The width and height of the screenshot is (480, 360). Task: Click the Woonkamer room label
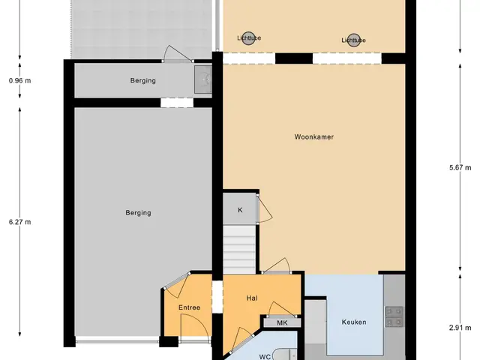[x=313, y=136]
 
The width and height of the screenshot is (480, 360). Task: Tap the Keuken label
[x=354, y=322]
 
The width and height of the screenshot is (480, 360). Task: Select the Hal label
[x=252, y=298]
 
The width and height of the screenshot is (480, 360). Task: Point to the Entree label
[x=189, y=307]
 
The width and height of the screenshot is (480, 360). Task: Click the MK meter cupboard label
[x=282, y=322]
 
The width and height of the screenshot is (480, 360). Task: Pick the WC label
[x=265, y=357]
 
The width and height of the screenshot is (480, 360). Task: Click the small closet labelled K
[x=240, y=210]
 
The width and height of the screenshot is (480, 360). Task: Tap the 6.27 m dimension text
[x=20, y=222]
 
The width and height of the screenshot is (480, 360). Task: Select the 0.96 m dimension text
[x=20, y=81]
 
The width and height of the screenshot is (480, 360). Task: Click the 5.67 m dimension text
[x=460, y=167]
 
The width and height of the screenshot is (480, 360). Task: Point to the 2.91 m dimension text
[x=460, y=328]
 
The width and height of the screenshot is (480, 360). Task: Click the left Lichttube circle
[x=248, y=38]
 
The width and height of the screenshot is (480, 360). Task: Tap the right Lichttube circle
[x=354, y=40]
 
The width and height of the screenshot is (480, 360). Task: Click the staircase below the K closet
[x=239, y=250]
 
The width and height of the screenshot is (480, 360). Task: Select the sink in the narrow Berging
[x=203, y=79]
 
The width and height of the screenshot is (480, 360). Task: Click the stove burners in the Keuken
[x=394, y=316]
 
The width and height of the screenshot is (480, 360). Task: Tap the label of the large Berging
[x=138, y=213]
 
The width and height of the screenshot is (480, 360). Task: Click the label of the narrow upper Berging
[x=143, y=80]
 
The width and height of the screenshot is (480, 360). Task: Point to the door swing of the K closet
[x=265, y=209]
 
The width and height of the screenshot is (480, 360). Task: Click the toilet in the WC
[x=284, y=355]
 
